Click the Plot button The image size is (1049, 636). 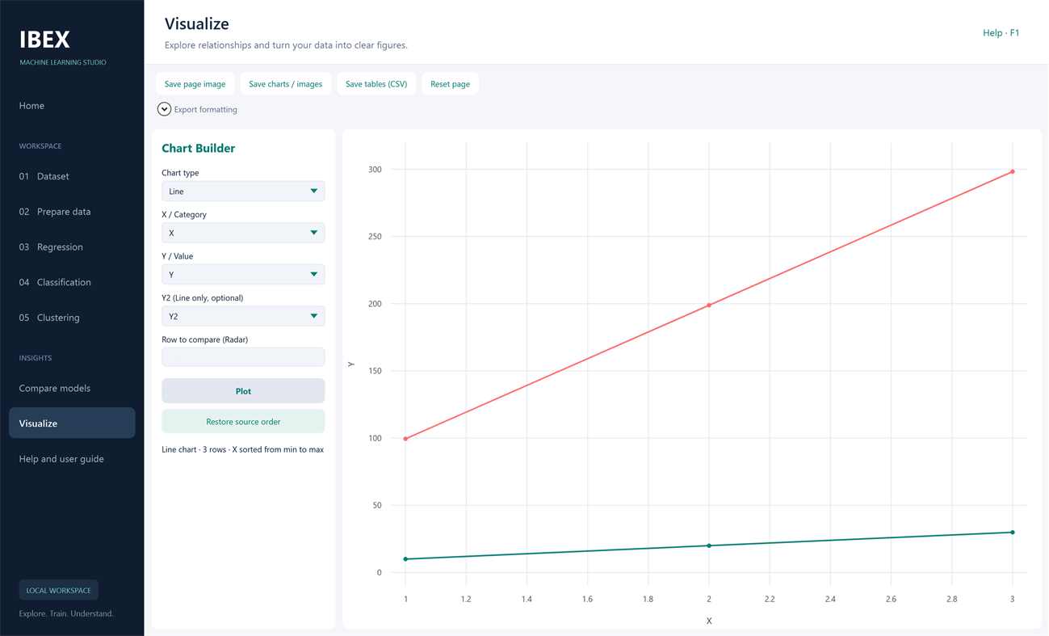point(243,391)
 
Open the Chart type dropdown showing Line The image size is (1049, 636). point(243,192)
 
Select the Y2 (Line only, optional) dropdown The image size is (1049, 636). point(243,316)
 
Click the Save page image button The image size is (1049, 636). point(195,84)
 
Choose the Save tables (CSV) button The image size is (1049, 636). point(376,84)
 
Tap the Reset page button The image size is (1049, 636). point(450,84)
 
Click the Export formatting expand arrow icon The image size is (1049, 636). point(164,109)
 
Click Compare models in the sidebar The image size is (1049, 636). point(55,388)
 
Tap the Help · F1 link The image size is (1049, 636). point(1001,33)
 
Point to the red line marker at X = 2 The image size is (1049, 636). point(709,305)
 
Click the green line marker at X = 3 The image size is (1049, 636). point(1013,533)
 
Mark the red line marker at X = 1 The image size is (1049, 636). point(405,439)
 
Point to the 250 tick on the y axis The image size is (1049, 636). point(375,237)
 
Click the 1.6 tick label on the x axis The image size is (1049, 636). point(587,599)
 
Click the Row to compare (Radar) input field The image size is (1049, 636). point(243,357)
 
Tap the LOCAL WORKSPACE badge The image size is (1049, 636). point(58,590)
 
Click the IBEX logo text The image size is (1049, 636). point(44,40)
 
